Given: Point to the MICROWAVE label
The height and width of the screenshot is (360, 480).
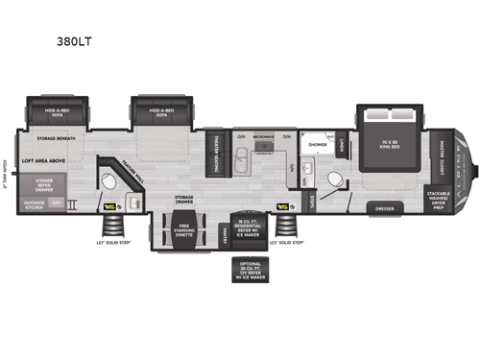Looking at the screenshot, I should point(266,135).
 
